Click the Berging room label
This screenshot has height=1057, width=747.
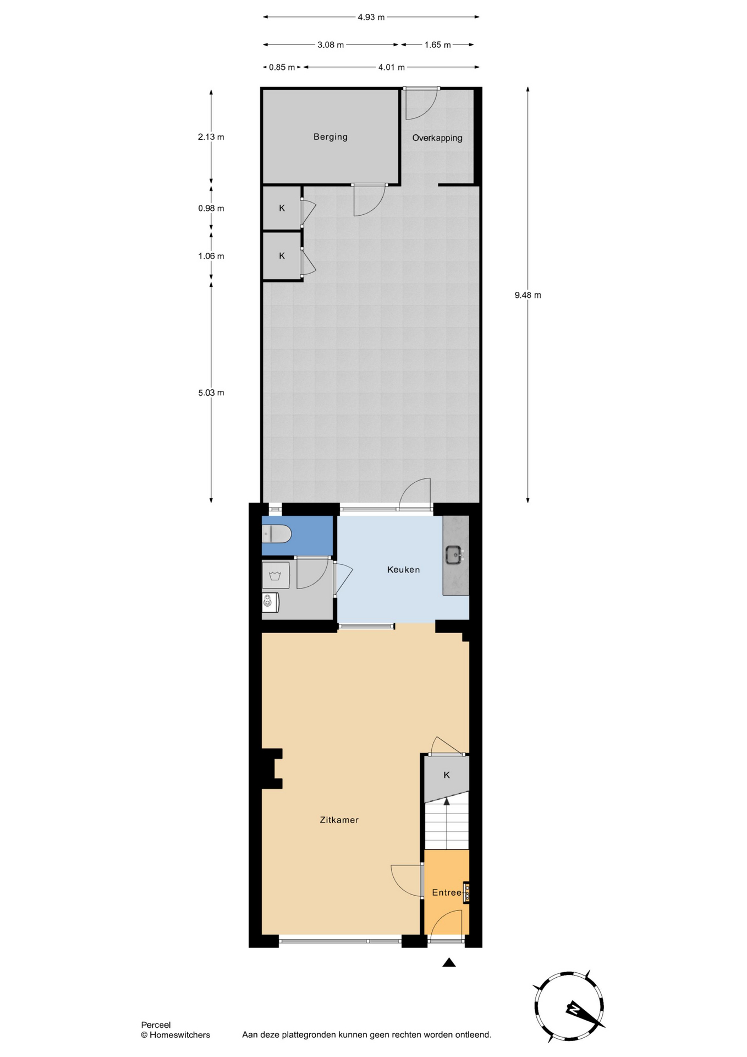[x=330, y=137]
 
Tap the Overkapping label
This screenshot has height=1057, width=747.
[x=437, y=138]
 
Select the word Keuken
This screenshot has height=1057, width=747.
[x=403, y=569]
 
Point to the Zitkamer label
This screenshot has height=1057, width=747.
[x=339, y=820]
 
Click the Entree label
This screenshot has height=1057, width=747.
[x=446, y=892]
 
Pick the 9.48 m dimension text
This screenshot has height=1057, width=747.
[x=528, y=295]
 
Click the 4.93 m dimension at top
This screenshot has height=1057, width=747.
[x=371, y=17]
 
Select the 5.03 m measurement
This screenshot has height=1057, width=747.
[x=211, y=393]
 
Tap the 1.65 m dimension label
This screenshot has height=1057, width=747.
[x=437, y=45]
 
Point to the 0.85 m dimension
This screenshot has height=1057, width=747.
[x=282, y=67]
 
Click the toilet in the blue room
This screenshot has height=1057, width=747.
[x=277, y=533]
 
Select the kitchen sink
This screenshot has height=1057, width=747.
[x=454, y=555]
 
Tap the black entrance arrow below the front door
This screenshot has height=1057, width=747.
[x=449, y=962]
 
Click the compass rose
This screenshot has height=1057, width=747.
[x=569, y=1006]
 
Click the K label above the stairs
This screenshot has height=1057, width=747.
[x=447, y=775]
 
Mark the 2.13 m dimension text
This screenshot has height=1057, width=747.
[x=211, y=137]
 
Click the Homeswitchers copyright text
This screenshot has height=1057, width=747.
[x=175, y=1035]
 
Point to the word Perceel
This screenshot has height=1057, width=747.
[x=156, y=1025]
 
